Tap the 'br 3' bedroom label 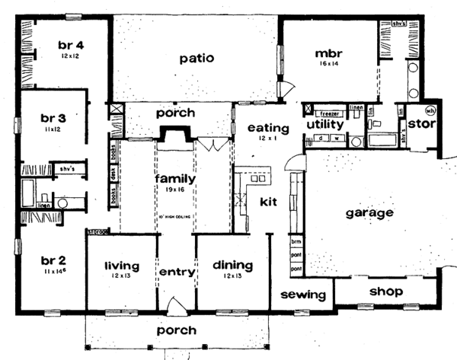pyautogui.click(x=55, y=119)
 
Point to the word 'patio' pyautogui.click(x=196, y=58)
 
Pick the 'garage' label pyautogui.click(x=369, y=213)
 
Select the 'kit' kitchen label pyautogui.click(x=268, y=202)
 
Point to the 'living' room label pyautogui.click(x=122, y=266)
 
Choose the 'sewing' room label pyautogui.click(x=303, y=295)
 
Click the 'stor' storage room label pyautogui.click(x=420, y=123)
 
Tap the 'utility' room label pyautogui.click(x=327, y=124)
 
